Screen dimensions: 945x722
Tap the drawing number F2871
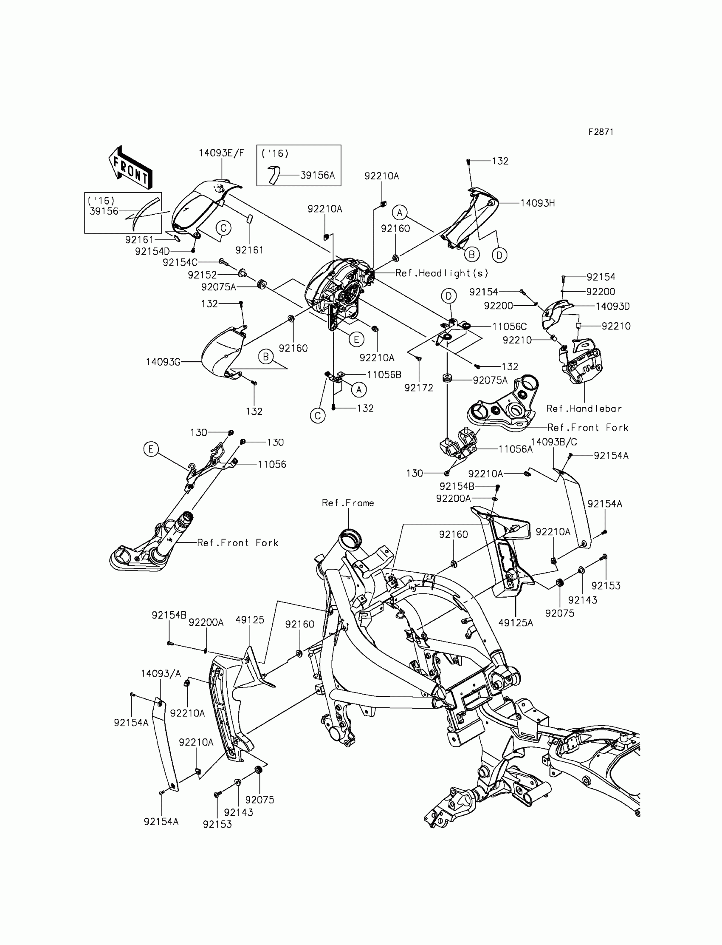click(x=601, y=132)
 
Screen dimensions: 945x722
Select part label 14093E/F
click(x=221, y=153)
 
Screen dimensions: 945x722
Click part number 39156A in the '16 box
click(x=317, y=175)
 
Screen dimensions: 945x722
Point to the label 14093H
click(x=537, y=203)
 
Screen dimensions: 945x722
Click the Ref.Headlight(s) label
click(x=441, y=273)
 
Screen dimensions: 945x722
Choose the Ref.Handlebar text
click(x=584, y=409)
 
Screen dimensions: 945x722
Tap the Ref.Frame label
click(x=348, y=503)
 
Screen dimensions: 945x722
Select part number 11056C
click(x=509, y=326)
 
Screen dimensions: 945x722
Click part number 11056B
click(x=384, y=375)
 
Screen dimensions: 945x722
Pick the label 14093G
click(x=163, y=362)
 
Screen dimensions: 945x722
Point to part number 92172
click(x=419, y=388)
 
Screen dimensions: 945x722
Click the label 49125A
click(x=515, y=623)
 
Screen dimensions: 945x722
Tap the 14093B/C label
click(x=553, y=442)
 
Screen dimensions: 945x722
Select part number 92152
click(x=202, y=275)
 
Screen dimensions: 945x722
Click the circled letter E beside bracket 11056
click(x=151, y=449)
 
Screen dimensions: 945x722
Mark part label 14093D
click(x=612, y=306)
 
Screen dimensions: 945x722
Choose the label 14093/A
click(x=161, y=674)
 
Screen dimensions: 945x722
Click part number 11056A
click(x=515, y=449)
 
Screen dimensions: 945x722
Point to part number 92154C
click(x=180, y=262)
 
